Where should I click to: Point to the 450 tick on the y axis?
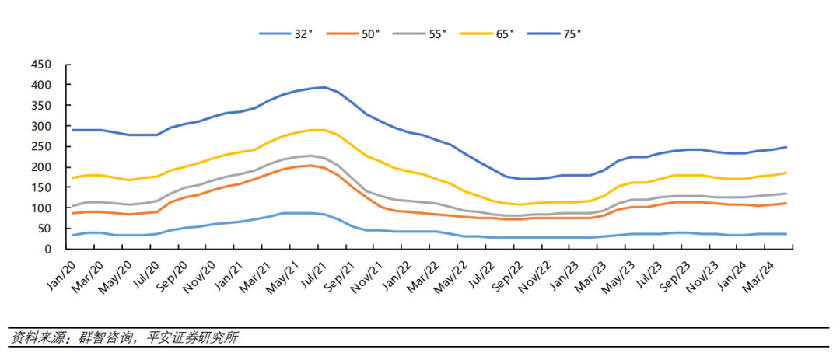coord(39,64)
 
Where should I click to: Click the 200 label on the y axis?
coord(39,167)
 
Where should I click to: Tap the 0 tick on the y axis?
coord(47,250)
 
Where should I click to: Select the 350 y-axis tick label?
coord(39,105)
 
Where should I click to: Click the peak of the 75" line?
coord(324,87)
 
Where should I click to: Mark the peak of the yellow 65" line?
coord(317,130)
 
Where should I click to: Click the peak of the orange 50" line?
coord(310,165)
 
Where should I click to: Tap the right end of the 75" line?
coord(786,147)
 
